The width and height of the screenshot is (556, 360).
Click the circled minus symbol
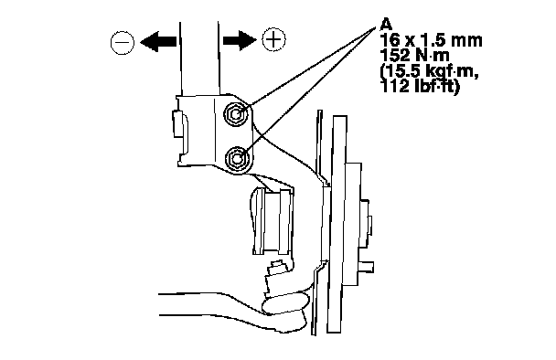click(x=123, y=43)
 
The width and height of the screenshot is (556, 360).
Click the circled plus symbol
click(x=273, y=38)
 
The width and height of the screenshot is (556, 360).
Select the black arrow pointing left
click(x=158, y=41)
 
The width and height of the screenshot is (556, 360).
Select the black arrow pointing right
click(x=240, y=39)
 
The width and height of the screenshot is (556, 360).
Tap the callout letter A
click(x=386, y=25)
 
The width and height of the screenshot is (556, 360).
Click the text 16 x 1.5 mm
click(x=431, y=40)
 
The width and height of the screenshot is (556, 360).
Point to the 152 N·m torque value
click(x=414, y=56)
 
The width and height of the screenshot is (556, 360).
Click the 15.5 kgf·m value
click(x=429, y=72)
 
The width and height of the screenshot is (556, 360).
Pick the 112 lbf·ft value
click(x=420, y=86)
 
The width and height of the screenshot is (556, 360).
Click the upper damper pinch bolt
click(x=235, y=113)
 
